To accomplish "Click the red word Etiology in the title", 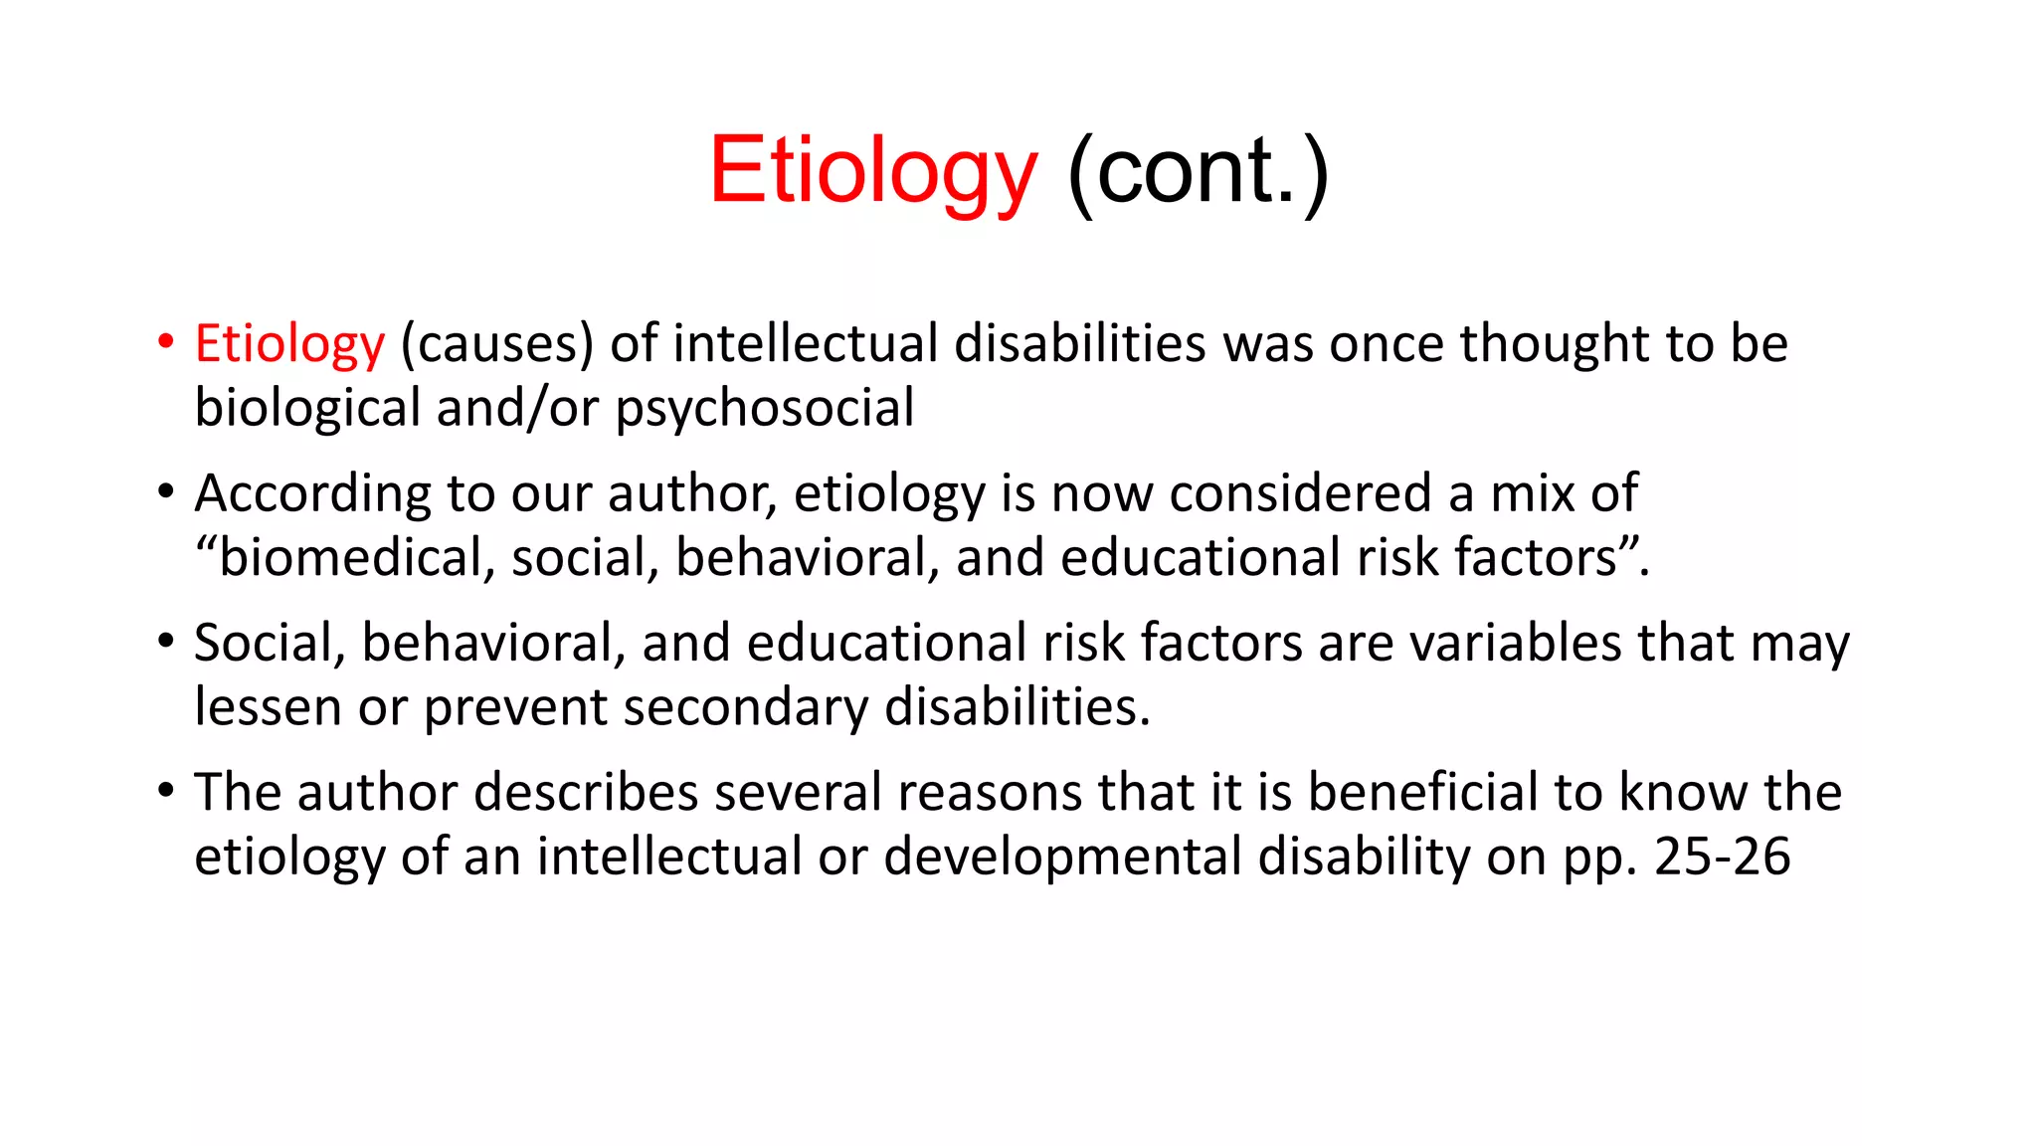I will pyautogui.click(x=873, y=171).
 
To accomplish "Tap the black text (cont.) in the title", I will pyautogui.click(x=1198, y=171).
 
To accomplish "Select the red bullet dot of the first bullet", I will pyautogui.click(x=166, y=342).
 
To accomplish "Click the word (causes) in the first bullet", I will pyautogui.click(x=496, y=344).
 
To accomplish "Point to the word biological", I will pyautogui.click(x=308, y=409).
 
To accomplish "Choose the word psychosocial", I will pyautogui.click(x=764, y=409).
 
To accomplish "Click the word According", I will pyautogui.click(x=312, y=494).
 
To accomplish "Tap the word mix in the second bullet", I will pyautogui.click(x=1532, y=493).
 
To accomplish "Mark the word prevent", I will pyautogui.click(x=516, y=708).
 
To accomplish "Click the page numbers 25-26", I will pyautogui.click(x=1722, y=857).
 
